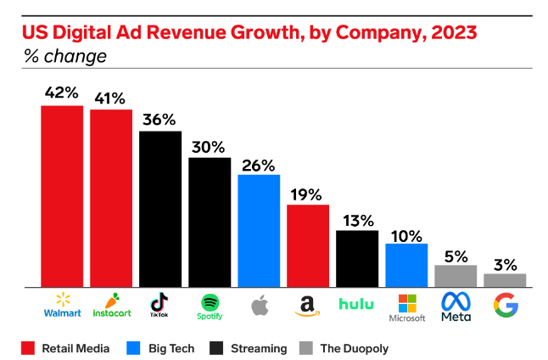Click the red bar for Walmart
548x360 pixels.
[62, 196]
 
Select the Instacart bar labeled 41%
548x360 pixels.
[111, 198]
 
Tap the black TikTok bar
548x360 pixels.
[160, 209]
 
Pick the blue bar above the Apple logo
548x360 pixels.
[259, 231]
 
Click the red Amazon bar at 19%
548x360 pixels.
[308, 245]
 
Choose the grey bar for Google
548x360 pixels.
[505, 280]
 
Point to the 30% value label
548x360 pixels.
[210, 145]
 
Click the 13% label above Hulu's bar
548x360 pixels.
[357, 220]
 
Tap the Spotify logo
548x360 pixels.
[210, 303]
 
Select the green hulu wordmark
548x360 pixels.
[357, 304]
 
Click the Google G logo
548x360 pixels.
[505, 304]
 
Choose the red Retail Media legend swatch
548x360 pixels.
[27, 348]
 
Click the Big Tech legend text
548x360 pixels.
[171, 348]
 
